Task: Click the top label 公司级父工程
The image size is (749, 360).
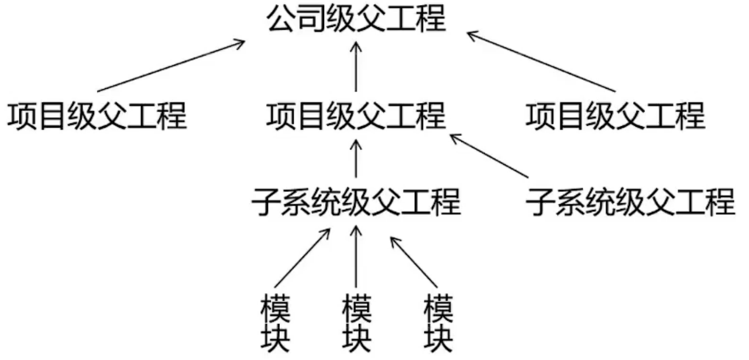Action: click(356, 18)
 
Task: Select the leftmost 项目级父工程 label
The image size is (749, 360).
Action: click(97, 116)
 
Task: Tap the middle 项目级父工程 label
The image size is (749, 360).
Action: click(356, 116)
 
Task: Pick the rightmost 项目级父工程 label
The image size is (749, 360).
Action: click(616, 116)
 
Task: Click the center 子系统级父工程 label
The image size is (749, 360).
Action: click(356, 201)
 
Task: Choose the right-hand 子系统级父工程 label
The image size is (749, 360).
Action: click(630, 201)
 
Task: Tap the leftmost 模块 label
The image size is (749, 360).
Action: click(275, 323)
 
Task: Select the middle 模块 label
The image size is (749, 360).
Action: click(356, 323)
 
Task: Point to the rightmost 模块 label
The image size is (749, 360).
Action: click(438, 323)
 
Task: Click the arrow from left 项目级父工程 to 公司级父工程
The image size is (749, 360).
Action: click(171, 66)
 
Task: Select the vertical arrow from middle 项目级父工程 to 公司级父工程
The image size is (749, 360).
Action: click(356, 67)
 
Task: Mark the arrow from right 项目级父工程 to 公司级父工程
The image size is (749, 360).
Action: click(541, 61)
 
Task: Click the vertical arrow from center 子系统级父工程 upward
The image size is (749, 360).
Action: click(356, 159)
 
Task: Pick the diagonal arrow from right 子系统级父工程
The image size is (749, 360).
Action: click(489, 156)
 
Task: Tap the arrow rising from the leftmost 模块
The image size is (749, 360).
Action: click(303, 258)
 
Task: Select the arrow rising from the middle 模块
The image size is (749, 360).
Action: click(356, 256)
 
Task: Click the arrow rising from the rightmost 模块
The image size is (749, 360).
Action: click(414, 262)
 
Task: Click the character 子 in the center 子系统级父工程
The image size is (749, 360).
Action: click(266, 201)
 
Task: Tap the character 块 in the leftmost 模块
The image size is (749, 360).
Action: click(275, 338)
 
